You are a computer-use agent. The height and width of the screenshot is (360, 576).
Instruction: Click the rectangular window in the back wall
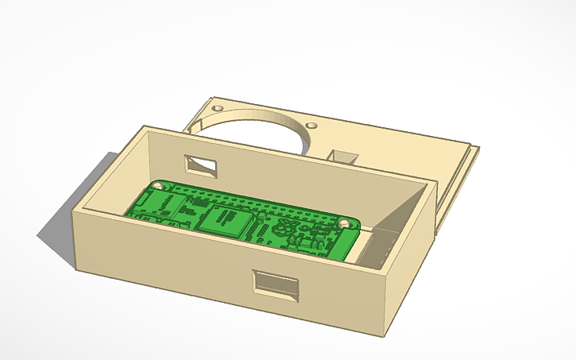coord(201,165)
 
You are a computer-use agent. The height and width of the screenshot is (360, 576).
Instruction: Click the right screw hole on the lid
coord(311,126)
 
